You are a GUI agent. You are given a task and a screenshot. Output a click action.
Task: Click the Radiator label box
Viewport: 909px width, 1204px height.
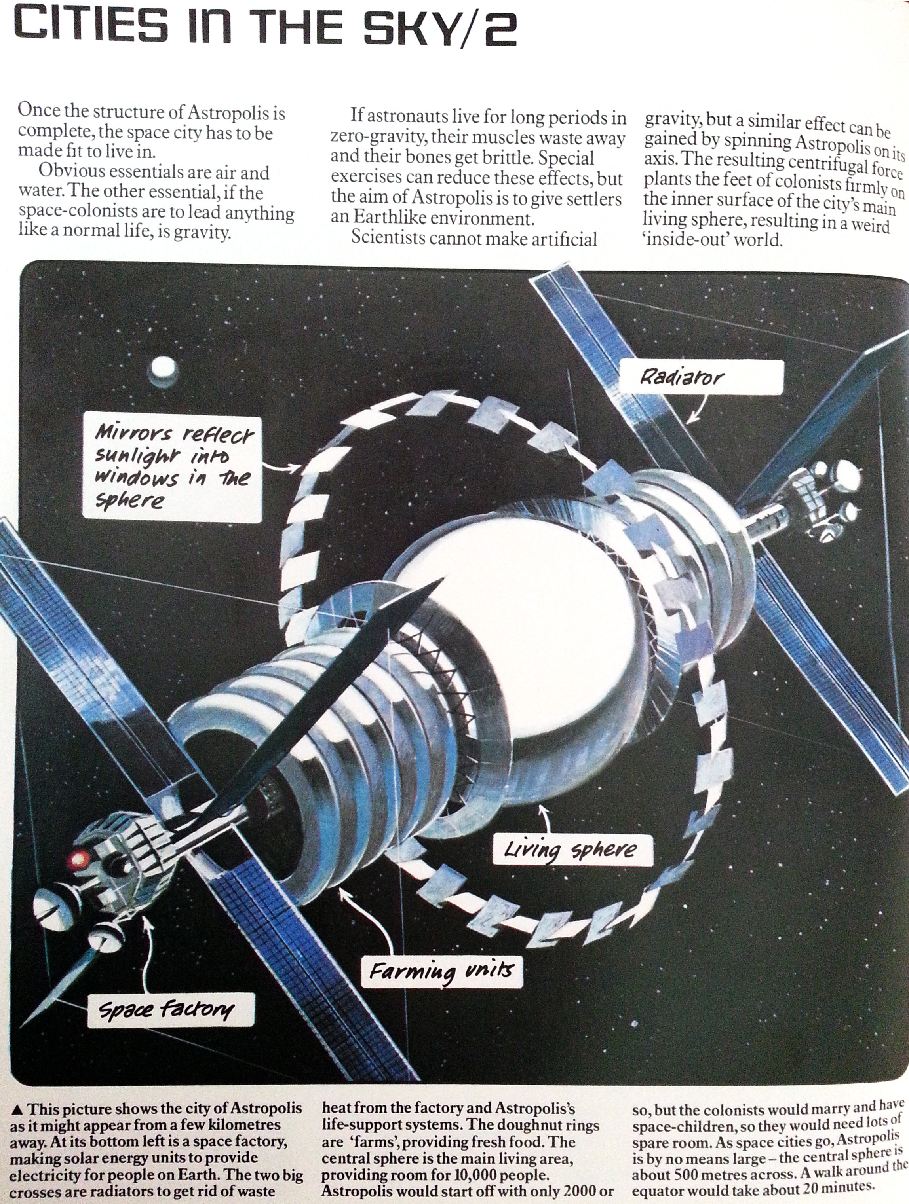pos(702,377)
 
